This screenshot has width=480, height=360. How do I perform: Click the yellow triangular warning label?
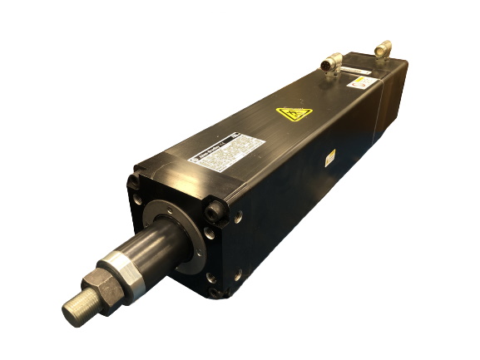[x=294, y=113]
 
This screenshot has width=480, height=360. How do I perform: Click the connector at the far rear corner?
[x=383, y=49]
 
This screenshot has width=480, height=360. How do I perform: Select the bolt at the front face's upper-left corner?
[x=134, y=181]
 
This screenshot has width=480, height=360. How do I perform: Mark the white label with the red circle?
[x=359, y=81]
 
